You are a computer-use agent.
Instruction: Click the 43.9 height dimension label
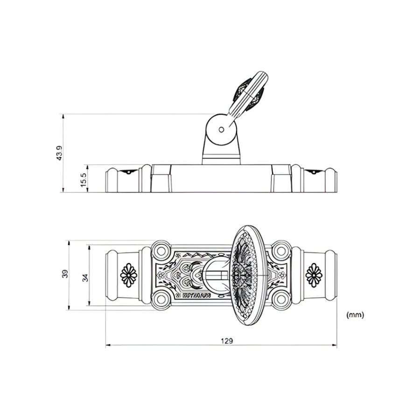point(59,153)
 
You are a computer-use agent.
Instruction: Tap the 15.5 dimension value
point(84,180)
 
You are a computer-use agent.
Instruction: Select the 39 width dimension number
point(65,274)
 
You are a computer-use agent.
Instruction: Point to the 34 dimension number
point(85,278)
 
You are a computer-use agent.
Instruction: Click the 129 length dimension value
point(227,341)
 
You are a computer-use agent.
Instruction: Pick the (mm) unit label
point(355,315)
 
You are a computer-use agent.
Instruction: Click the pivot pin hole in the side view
point(221,130)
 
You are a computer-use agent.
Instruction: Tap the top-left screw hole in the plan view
point(161,251)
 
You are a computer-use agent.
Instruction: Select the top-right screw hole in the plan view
point(281,251)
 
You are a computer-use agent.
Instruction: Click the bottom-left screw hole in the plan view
point(161,298)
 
